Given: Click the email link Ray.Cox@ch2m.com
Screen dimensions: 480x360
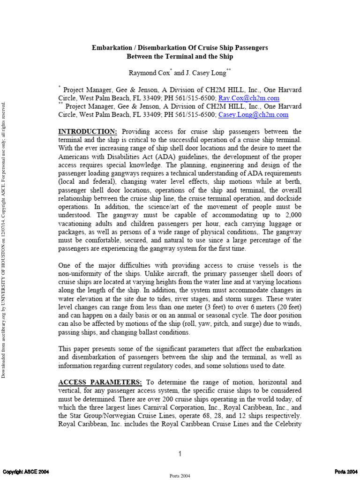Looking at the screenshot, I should tap(249, 98).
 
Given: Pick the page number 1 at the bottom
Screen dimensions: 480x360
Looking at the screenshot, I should tap(180, 454).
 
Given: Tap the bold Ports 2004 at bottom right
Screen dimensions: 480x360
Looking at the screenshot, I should tap(346, 471).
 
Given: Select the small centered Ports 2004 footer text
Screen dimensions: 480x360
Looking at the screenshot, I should tap(180, 475).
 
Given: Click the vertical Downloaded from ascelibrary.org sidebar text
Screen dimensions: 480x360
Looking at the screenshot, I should tap(5, 234).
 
